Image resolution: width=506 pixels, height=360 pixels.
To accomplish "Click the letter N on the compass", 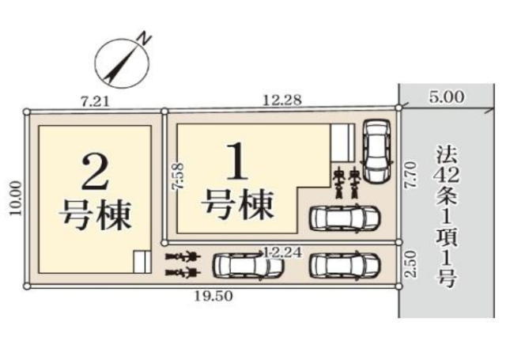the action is coord(144,38).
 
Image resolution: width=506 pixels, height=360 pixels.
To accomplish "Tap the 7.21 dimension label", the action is coord(95,102).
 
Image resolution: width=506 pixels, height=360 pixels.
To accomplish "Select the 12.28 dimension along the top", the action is coord(282,100).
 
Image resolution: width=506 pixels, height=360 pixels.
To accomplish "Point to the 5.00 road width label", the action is coord(447,97).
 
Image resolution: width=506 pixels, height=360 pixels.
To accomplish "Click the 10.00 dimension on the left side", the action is coord(16,198).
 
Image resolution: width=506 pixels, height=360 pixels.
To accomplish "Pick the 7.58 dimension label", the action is coord(178,176).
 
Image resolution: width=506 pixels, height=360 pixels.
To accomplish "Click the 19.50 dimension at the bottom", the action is coord(213,296).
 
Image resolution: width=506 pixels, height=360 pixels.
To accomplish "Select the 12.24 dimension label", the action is coord(283,253).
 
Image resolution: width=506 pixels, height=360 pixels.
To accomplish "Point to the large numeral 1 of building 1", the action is coord(238,161).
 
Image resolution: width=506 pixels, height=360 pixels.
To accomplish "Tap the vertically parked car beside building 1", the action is coord(377,151).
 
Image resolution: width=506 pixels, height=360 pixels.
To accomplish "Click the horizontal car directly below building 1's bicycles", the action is coord(345,218).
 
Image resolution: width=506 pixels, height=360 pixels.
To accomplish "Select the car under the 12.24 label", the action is coord(247,266).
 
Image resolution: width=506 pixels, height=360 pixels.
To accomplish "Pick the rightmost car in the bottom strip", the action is coord(345,266).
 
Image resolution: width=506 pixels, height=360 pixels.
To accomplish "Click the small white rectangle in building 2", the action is coord(142,262).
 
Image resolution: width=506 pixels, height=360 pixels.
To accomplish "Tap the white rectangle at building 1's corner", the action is coord(342,143).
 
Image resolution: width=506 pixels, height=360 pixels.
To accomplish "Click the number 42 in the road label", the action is coord(447,176).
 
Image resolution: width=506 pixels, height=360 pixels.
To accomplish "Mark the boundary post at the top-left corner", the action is coord(27,112).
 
